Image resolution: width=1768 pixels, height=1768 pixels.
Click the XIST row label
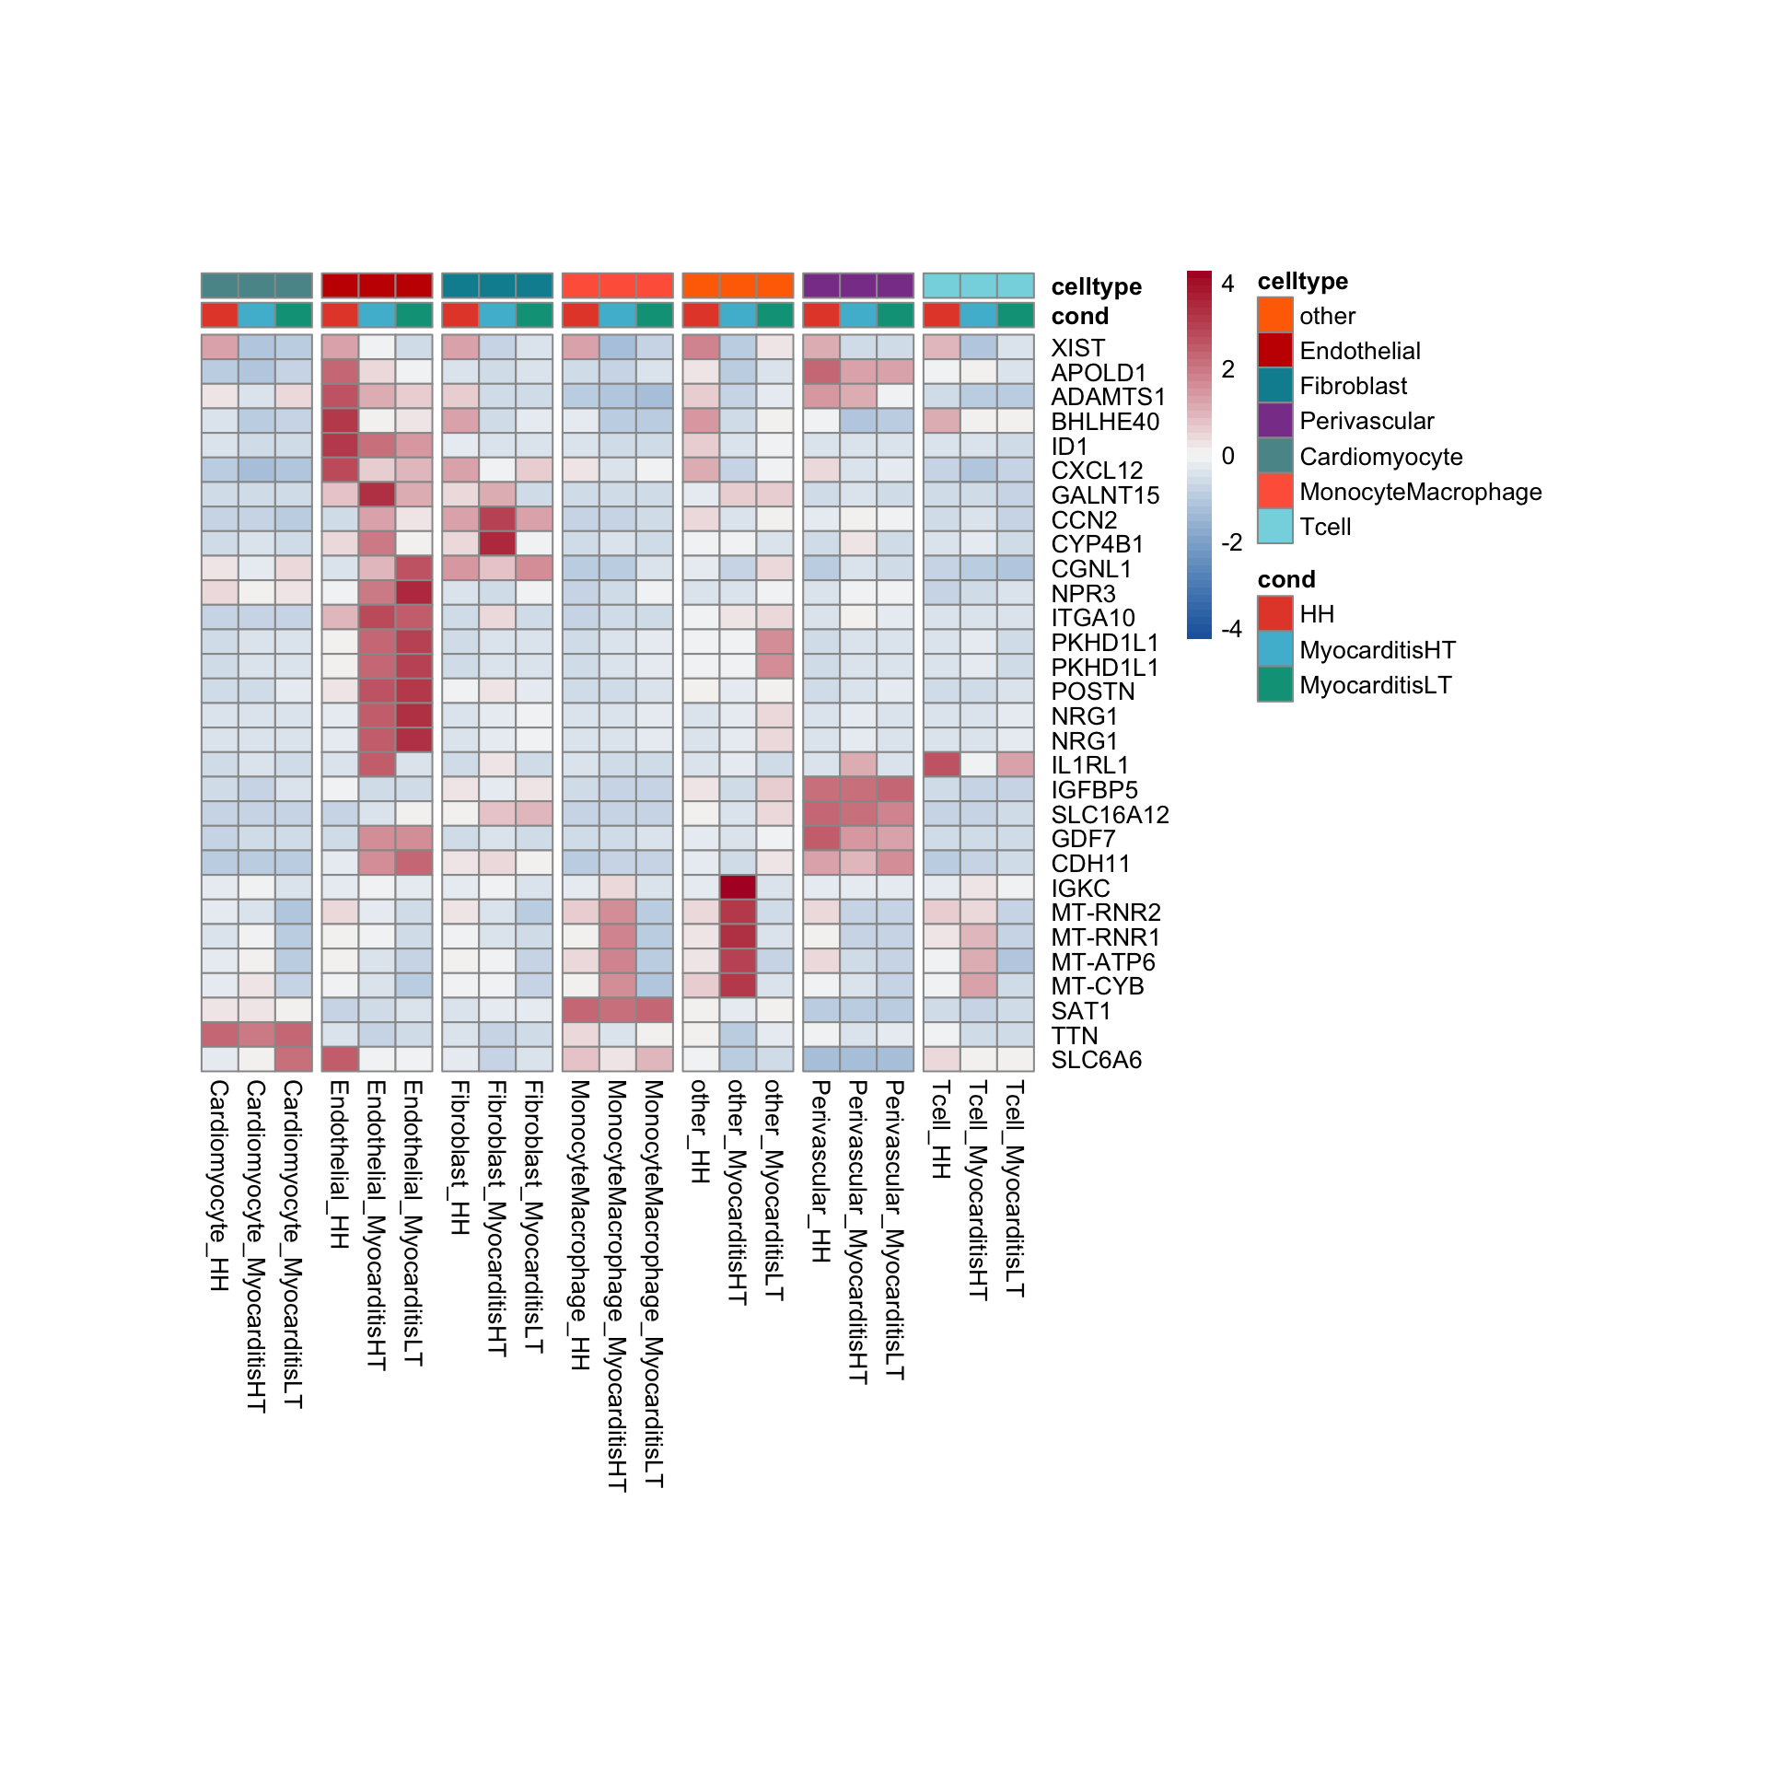click(x=1077, y=348)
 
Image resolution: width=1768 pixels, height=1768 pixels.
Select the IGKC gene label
click(x=1080, y=889)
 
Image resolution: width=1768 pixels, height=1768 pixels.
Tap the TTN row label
click(x=1075, y=1036)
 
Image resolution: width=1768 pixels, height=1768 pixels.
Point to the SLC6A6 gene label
click(x=1096, y=1060)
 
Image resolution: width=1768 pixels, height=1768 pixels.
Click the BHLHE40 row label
click(x=1105, y=422)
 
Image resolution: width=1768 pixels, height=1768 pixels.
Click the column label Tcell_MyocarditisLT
click(x=1015, y=1188)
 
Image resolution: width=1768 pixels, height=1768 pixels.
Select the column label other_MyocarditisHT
click(x=738, y=1192)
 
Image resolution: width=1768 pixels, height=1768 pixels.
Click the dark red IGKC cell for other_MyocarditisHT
click(x=738, y=888)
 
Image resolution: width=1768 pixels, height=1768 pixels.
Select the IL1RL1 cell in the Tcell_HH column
click(x=941, y=764)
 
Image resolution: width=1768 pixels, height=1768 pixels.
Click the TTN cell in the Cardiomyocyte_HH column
click(x=220, y=1035)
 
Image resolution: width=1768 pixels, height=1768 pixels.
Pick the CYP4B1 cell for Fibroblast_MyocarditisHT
click(x=497, y=543)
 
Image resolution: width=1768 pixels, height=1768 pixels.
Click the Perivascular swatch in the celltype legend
click(x=1274, y=421)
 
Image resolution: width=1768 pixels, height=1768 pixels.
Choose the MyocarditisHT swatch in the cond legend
click(x=1274, y=650)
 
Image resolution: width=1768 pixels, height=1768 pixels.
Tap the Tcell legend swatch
click(x=1274, y=527)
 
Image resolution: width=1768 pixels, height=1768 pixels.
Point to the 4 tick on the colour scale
click(x=1227, y=284)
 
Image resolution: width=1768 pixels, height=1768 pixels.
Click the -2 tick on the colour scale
click(x=1231, y=542)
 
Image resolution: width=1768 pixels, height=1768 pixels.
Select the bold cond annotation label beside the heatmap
click(x=1079, y=316)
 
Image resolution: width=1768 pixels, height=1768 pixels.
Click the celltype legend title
click(x=1302, y=281)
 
